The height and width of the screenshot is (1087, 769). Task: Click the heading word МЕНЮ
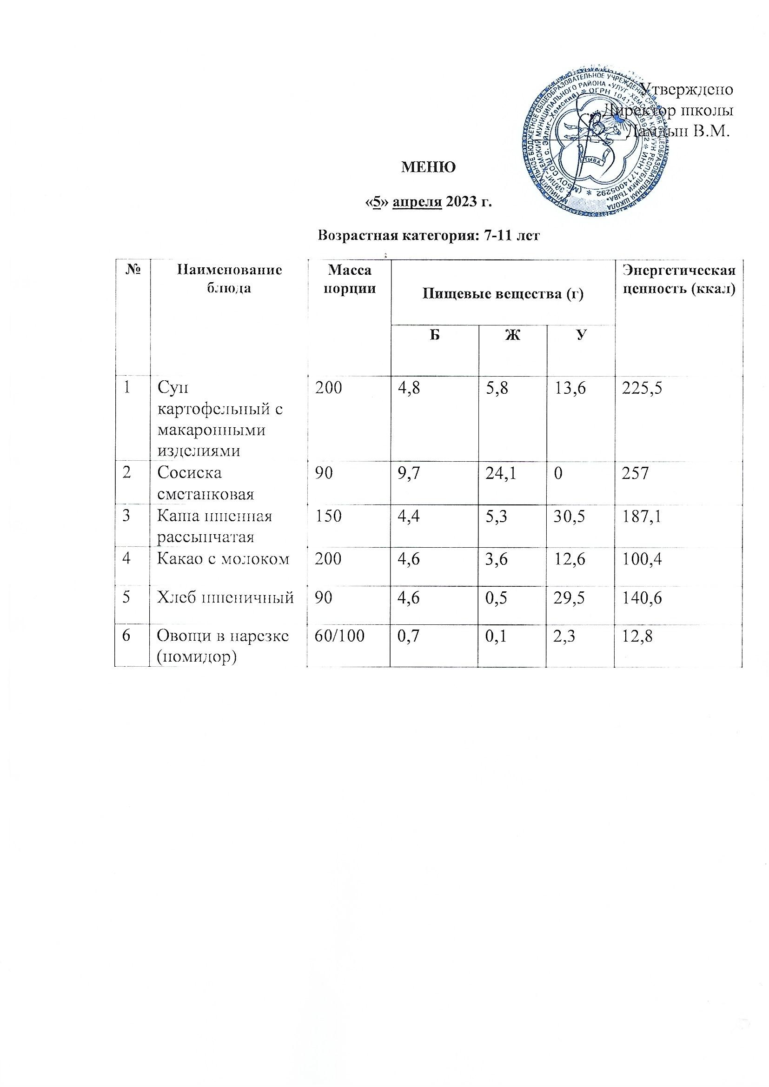click(x=428, y=167)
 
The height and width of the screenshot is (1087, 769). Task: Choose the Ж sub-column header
click(x=513, y=335)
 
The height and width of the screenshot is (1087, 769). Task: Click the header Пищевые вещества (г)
click(x=503, y=294)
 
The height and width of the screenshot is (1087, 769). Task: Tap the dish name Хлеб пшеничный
click(x=225, y=599)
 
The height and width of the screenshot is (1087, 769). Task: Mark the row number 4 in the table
click(x=127, y=559)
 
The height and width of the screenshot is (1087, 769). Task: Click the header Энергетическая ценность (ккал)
click(x=678, y=279)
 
